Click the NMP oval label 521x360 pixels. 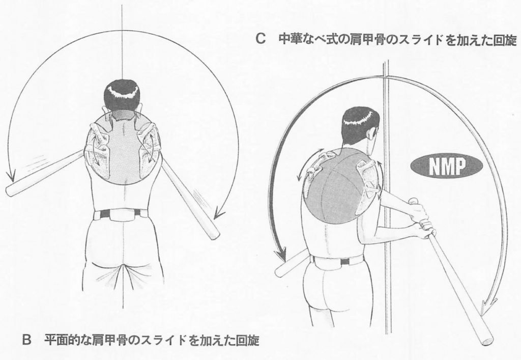point(446,166)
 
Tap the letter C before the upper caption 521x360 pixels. point(261,40)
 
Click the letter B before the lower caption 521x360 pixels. point(26,340)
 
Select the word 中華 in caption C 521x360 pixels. point(290,40)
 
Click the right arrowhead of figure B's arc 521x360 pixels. point(219,213)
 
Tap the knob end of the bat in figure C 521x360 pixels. point(413,201)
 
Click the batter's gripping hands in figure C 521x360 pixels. point(421,219)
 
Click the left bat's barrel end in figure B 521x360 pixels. point(11,191)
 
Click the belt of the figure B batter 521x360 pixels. point(121,214)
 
